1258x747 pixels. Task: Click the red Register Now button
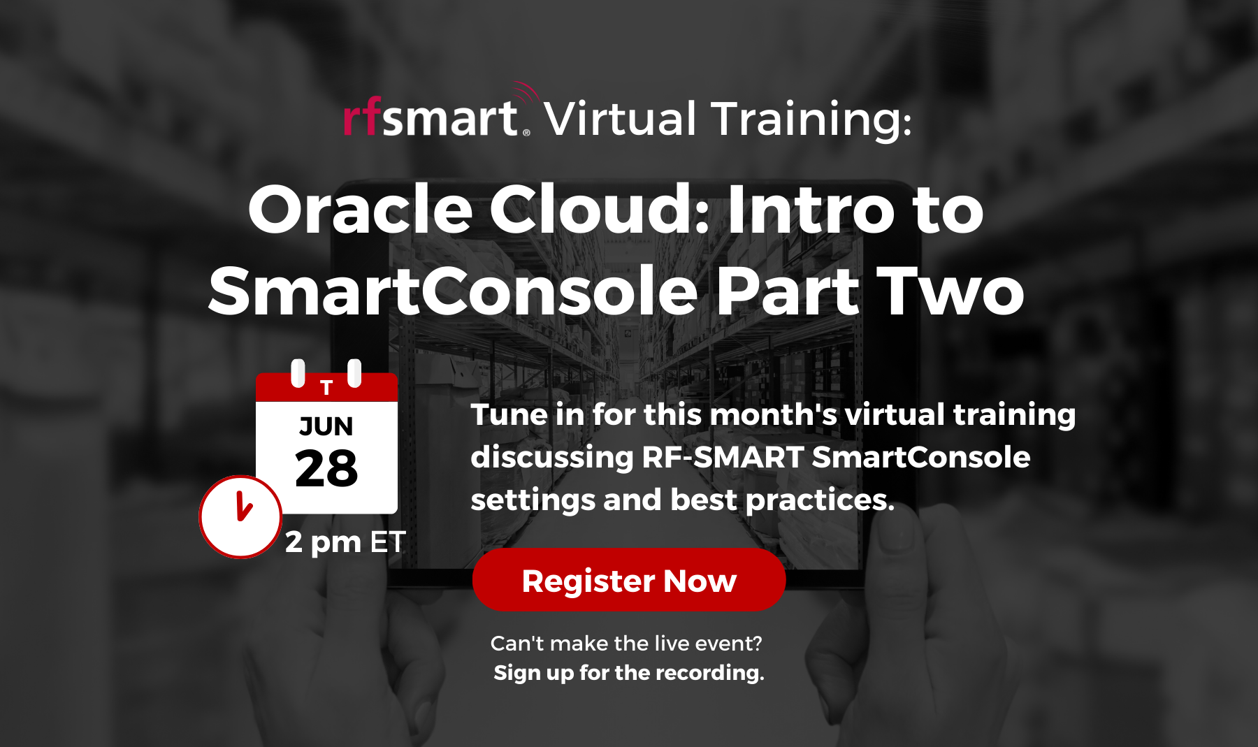click(629, 580)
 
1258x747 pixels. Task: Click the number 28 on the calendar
click(326, 469)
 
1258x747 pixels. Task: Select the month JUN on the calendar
click(326, 426)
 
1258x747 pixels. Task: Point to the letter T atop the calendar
click(326, 387)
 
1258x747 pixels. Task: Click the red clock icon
click(240, 517)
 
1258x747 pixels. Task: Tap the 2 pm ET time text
click(345, 542)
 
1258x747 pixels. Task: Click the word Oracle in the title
click(360, 210)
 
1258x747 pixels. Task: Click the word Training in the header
click(811, 119)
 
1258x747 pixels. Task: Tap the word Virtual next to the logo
click(621, 119)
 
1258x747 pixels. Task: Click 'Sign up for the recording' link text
click(629, 673)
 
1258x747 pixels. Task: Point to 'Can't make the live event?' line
click(626, 643)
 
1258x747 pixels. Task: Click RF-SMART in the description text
click(723, 458)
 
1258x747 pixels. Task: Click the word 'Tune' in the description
click(509, 415)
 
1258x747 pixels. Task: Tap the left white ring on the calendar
click(298, 372)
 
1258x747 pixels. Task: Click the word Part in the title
click(788, 291)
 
